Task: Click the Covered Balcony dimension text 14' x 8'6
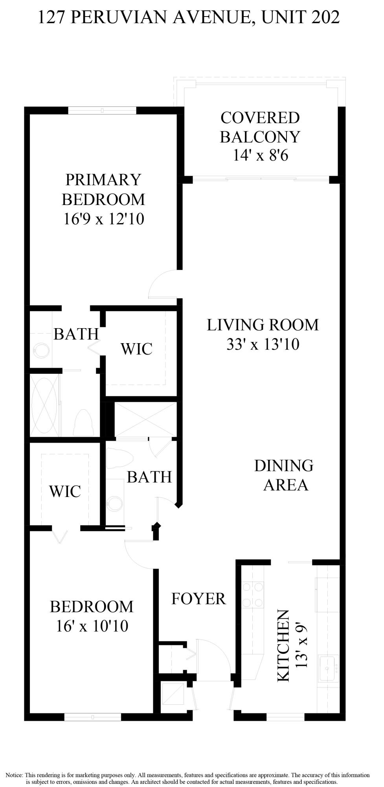pos(261,155)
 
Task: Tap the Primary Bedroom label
pos(103,189)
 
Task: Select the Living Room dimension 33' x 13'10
pos(263,344)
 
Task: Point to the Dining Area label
pos(284,475)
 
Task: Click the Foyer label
pos(198,599)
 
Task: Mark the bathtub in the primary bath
pos(44,405)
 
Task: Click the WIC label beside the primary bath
pos(136,349)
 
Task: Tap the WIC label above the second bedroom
pos(65,491)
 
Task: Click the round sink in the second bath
pos(115,502)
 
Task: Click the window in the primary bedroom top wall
pos(102,111)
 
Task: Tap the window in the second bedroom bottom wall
pos(93,717)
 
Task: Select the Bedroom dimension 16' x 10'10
pos(92,626)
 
